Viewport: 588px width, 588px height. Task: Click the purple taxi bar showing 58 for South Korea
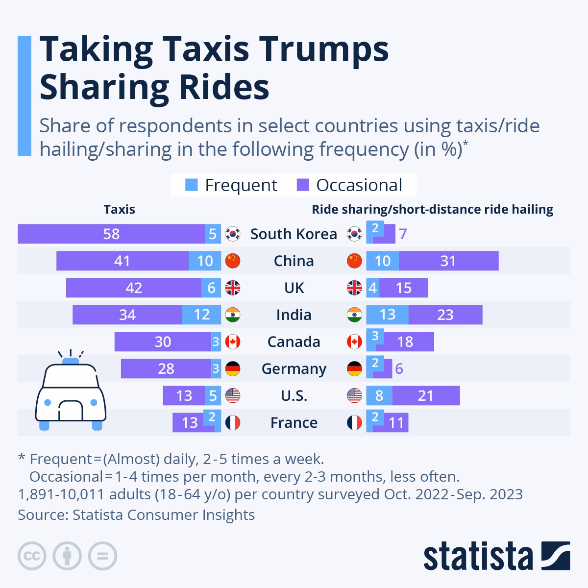pos(111,234)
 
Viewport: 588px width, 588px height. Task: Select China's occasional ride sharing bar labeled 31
pos(448,261)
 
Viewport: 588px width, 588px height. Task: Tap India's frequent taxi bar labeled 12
pos(201,315)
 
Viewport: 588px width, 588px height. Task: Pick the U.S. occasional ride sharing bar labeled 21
pos(425,395)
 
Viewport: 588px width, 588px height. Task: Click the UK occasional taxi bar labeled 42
pos(133,288)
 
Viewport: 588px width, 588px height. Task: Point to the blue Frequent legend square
pos(192,185)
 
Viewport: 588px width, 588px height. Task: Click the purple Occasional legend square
pos(303,185)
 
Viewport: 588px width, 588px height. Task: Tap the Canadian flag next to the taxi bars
pos(233,342)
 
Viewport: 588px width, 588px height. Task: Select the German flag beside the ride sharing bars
pos(354,368)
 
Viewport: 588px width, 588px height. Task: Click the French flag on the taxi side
pos(233,422)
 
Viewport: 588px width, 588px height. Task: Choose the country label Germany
pos(294,368)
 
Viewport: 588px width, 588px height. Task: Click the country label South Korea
pos(294,234)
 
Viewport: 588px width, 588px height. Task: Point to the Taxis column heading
pos(119,210)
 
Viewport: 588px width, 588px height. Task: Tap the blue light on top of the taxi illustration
pos(71,361)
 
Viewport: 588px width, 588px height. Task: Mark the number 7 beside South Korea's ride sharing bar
pos(403,234)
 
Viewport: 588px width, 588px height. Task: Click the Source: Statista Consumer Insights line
pos(136,515)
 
